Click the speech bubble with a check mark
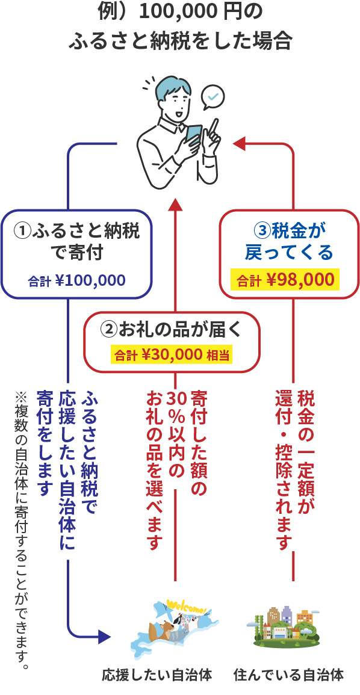[213, 97]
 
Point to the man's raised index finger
[216, 127]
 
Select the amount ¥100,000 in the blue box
[90, 280]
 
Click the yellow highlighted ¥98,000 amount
[300, 280]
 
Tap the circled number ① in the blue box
[22, 231]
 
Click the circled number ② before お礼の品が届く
[109, 329]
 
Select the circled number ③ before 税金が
[262, 230]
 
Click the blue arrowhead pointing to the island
[104, 637]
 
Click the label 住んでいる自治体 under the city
[288, 675]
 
